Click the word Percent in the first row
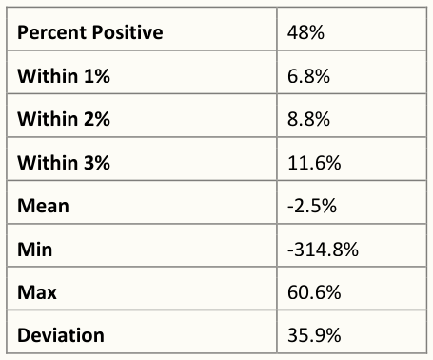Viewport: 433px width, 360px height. pyautogui.click(x=52, y=32)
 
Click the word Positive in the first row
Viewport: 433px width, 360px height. pyautogui.click(x=128, y=32)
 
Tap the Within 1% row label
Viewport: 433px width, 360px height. pyautogui.click(x=64, y=76)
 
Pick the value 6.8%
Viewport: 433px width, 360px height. pyautogui.click(x=308, y=76)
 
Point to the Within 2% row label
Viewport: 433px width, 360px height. pyautogui.click(x=64, y=119)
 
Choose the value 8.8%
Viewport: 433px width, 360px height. pyautogui.click(x=308, y=119)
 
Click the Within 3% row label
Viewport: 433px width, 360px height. pyautogui.click(x=64, y=163)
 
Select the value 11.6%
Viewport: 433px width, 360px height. pyautogui.click(x=314, y=163)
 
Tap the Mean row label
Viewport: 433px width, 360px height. pyautogui.click(x=43, y=206)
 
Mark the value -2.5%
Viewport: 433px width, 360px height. pyautogui.click(x=312, y=206)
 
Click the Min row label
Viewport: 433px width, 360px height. pyautogui.click(x=35, y=250)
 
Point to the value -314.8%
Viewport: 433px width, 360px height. pyautogui.click(x=323, y=250)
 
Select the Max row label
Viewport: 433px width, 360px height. pyautogui.click(x=37, y=292)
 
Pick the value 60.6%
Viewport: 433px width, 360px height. pyautogui.click(x=314, y=292)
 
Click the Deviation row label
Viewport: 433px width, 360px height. pyautogui.click(x=61, y=335)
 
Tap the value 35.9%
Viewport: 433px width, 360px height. pyautogui.click(x=314, y=335)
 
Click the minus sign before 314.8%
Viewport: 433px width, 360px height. pyautogui.click(x=290, y=250)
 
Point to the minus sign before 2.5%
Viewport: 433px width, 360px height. pyautogui.click(x=290, y=208)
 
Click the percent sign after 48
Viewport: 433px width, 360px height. pyautogui.click(x=316, y=32)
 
